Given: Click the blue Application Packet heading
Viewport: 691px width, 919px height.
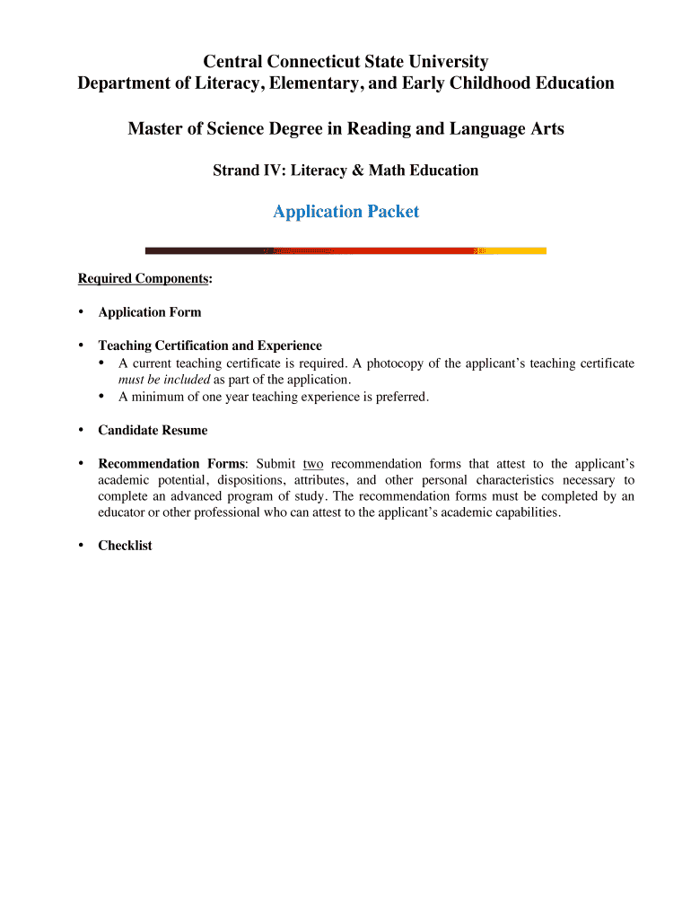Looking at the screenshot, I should [345, 212].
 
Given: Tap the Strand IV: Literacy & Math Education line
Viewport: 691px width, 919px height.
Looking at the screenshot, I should [345, 170].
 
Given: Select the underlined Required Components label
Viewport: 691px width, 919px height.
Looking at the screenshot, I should [144, 278].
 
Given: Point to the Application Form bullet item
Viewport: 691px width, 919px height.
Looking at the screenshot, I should [150, 312].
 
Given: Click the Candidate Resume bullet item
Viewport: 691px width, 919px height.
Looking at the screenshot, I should [153, 430].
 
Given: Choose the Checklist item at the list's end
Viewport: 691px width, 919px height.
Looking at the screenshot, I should [126, 545].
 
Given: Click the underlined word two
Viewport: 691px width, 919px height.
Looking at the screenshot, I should [313, 464].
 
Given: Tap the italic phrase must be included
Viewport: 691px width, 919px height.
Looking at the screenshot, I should [164, 380].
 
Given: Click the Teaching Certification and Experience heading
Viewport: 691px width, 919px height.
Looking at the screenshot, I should [210, 346].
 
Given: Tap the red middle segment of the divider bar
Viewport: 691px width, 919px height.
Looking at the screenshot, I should [377, 250].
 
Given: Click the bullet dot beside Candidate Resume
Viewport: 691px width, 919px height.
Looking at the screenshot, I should [81, 429].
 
